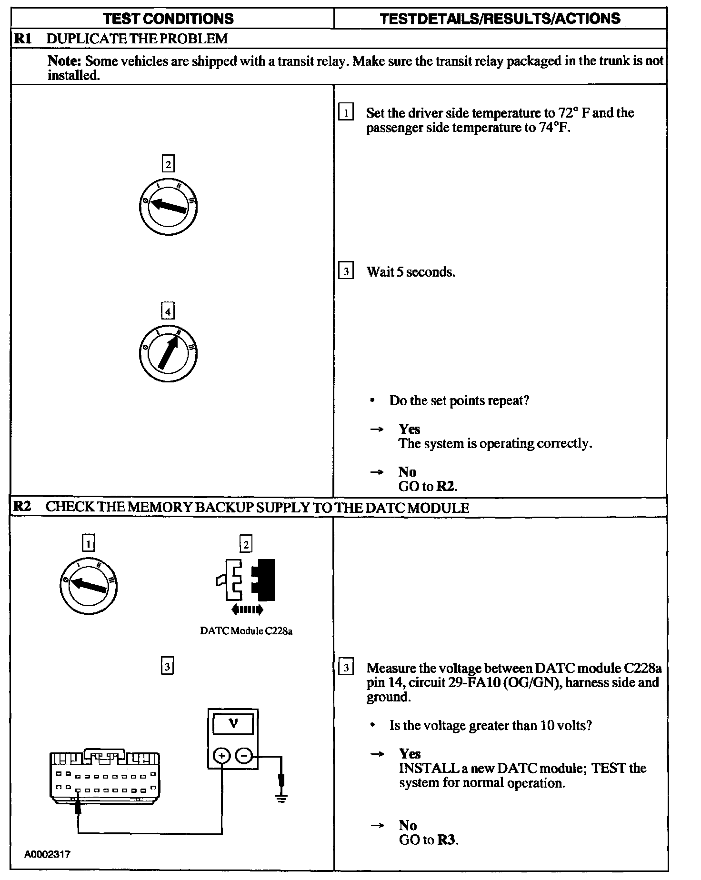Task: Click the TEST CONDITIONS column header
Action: (x=168, y=19)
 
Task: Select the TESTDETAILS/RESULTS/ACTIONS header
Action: (x=500, y=19)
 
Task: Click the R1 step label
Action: (x=22, y=39)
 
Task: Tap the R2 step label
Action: (x=22, y=506)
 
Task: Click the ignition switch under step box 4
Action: (x=168, y=353)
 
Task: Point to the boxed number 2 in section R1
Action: (x=168, y=164)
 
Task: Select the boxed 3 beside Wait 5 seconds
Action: (x=346, y=272)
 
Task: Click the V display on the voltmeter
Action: (x=233, y=725)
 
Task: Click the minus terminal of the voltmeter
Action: (x=244, y=756)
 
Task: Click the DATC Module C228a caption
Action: (x=246, y=631)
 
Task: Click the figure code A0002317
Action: (x=48, y=854)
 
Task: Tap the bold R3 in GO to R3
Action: (x=447, y=840)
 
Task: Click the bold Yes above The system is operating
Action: (x=410, y=429)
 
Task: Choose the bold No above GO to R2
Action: (x=407, y=472)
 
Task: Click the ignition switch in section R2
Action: (x=88, y=584)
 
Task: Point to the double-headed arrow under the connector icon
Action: (x=246, y=609)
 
